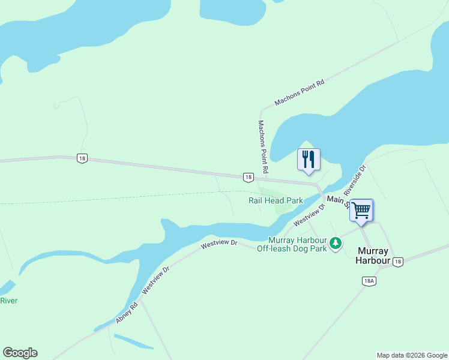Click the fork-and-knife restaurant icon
point(309,160)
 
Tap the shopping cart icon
point(361,210)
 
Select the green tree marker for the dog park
point(336,244)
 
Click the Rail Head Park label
point(276,200)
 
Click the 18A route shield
point(369,281)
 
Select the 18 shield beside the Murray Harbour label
point(398,261)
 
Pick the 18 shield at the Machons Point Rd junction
point(248,177)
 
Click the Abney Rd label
point(127,313)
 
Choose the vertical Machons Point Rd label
point(262,142)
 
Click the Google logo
point(20,353)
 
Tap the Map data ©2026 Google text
point(412,355)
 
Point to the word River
point(8,301)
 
